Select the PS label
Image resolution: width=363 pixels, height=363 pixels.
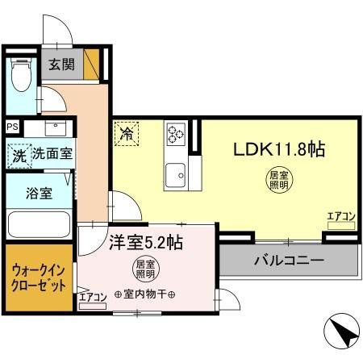click(12, 127)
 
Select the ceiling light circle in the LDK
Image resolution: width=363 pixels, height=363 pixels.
click(277, 180)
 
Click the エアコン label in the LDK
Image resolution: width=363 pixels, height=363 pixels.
click(341, 215)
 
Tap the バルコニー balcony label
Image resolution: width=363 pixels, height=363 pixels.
click(289, 261)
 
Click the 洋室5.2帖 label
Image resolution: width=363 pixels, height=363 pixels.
click(145, 240)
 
